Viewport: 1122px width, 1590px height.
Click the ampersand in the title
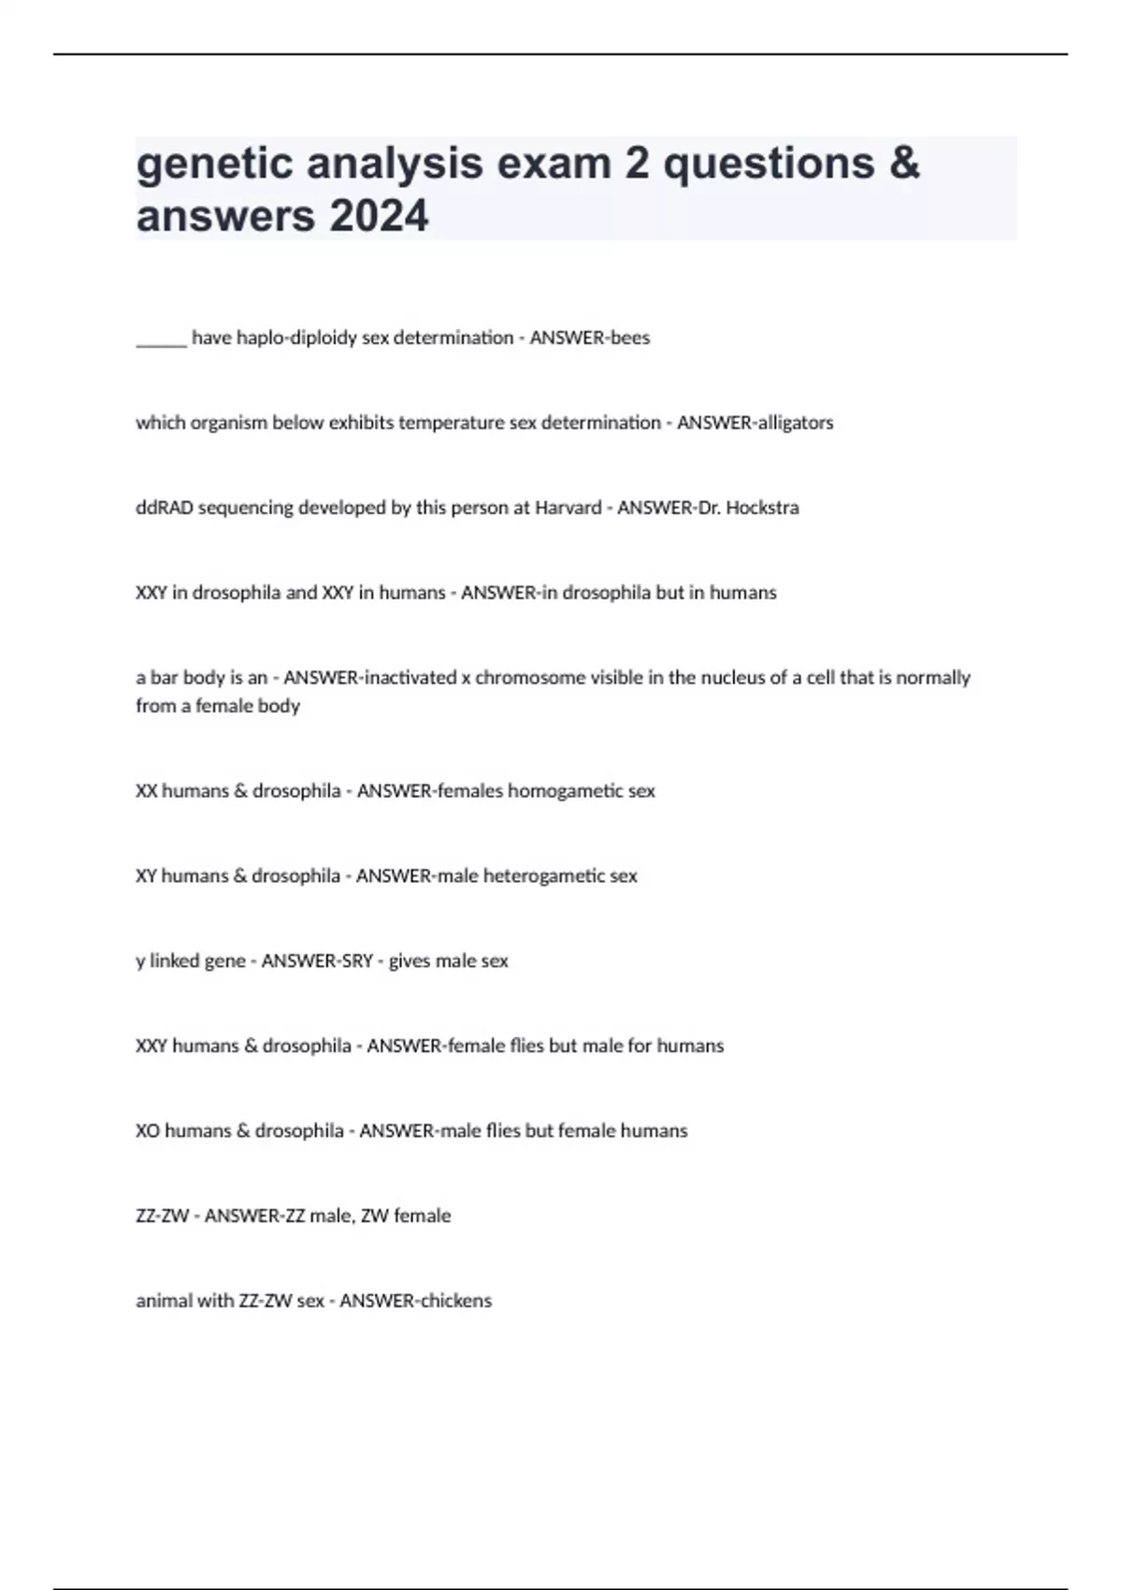point(904,164)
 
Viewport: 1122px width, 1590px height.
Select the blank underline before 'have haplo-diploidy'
point(161,339)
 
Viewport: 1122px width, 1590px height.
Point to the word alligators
point(794,423)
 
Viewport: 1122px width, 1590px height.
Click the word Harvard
point(568,508)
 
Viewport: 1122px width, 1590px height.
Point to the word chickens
point(454,1301)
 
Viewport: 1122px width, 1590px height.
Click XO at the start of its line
point(148,1131)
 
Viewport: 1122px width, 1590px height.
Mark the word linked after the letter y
point(174,961)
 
